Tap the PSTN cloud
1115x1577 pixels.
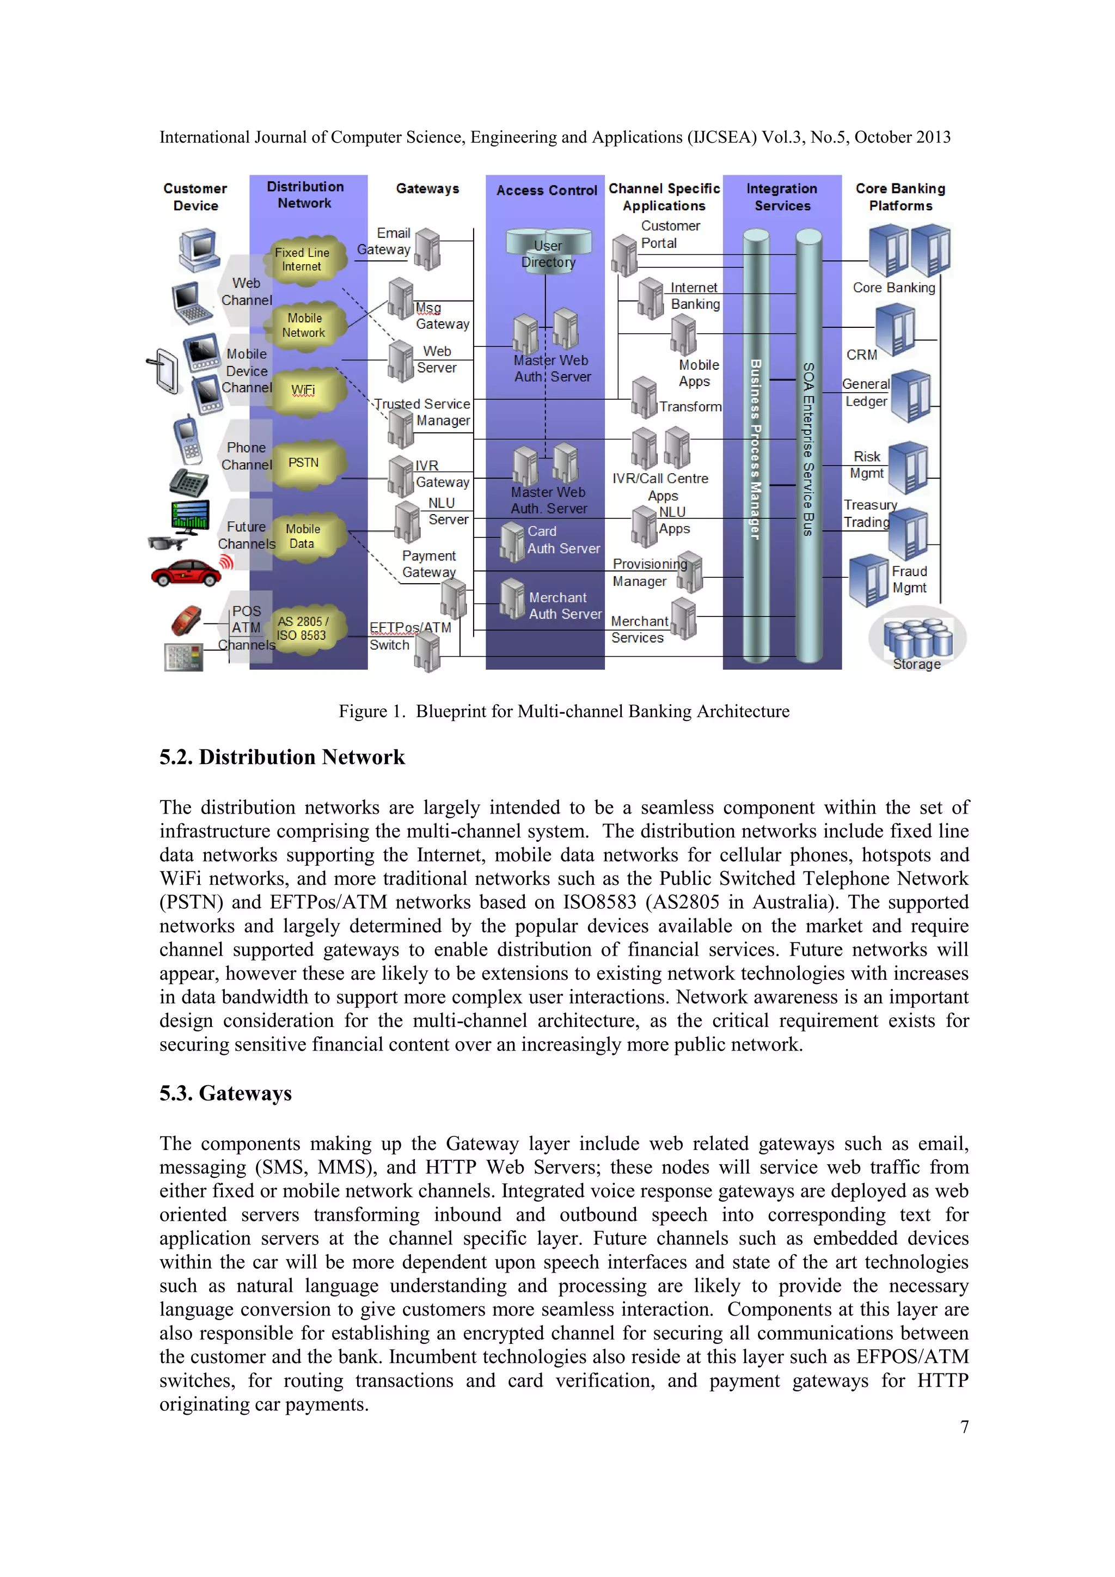pyautogui.click(x=303, y=463)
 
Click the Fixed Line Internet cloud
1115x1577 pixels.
pyautogui.click(x=302, y=260)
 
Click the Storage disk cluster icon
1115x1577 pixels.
pyautogui.click(x=917, y=638)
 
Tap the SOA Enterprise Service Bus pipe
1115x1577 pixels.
pyautogui.click(x=809, y=447)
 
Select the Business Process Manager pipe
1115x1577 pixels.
pyautogui.click(x=756, y=447)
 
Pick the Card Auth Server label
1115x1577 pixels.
pyautogui.click(x=563, y=540)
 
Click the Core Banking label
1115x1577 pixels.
pyautogui.click(x=893, y=288)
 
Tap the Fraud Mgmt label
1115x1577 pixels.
pyautogui.click(x=909, y=580)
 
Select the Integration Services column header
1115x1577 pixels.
pyautogui.click(x=782, y=197)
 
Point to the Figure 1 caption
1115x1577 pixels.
pyautogui.click(x=563, y=712)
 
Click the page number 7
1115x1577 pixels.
pyautogui.click(x=964, y=1427)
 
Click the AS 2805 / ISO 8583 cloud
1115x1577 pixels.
pyautogui.click(x=302, y=628)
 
